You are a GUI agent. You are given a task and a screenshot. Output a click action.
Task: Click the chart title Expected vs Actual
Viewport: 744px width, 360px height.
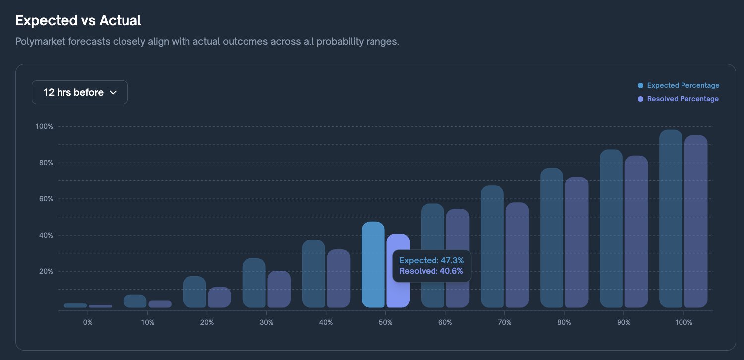point(78,20)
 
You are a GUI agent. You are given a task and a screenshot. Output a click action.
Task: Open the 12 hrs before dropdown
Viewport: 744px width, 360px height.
point(80,92)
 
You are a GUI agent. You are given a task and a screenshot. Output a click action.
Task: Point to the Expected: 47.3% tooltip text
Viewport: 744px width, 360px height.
point(431,260)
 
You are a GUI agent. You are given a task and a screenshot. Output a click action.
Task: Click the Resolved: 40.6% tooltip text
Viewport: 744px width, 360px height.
point(431,271)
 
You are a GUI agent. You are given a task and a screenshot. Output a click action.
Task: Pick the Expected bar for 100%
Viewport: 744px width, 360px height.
point(671,218)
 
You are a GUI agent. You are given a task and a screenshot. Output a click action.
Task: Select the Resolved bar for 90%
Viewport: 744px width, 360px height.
point(636,231)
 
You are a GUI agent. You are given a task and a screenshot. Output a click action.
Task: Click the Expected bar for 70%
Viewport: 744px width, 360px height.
point(492,246)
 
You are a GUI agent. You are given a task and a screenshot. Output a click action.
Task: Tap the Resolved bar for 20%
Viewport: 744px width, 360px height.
point(219,297)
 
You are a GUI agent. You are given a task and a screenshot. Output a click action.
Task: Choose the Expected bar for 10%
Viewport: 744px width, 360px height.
point(135,301)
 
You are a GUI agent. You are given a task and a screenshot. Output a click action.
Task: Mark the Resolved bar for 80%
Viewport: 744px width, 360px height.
point(577,242)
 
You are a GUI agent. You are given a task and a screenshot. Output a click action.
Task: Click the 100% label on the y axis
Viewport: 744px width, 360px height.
point(44,126)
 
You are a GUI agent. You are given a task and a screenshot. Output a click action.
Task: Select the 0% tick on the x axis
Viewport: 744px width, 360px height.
point(88,322)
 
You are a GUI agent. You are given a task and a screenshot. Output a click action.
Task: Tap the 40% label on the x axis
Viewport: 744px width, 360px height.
point(326,322)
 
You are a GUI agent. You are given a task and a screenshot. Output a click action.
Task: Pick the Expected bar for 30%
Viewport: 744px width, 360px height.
point(254,283)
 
